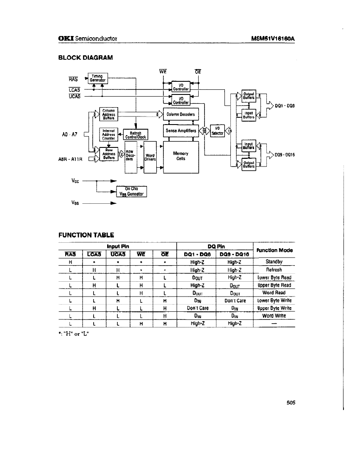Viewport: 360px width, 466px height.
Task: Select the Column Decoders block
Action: click(180, 114)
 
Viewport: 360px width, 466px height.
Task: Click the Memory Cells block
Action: click(180, 156)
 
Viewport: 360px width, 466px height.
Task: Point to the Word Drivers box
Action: click(150, 157)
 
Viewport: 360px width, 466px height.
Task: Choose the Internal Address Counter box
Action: click(109, 134)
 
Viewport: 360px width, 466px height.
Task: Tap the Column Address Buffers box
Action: click(108, 114)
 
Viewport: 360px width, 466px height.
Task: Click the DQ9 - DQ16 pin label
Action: click(285, 155)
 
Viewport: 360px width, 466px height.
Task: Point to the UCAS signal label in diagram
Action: click(74, 96)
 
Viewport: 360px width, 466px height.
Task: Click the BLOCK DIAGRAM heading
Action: click(86, 57)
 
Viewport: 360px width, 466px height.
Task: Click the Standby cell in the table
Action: click(274, 262)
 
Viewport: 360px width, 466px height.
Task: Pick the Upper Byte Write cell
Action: click(274, 308)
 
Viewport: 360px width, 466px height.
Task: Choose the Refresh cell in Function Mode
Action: click(274, 269)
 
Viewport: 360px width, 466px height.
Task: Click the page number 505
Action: click(290, 403)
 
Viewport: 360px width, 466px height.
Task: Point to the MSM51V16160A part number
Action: click(272, 39)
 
